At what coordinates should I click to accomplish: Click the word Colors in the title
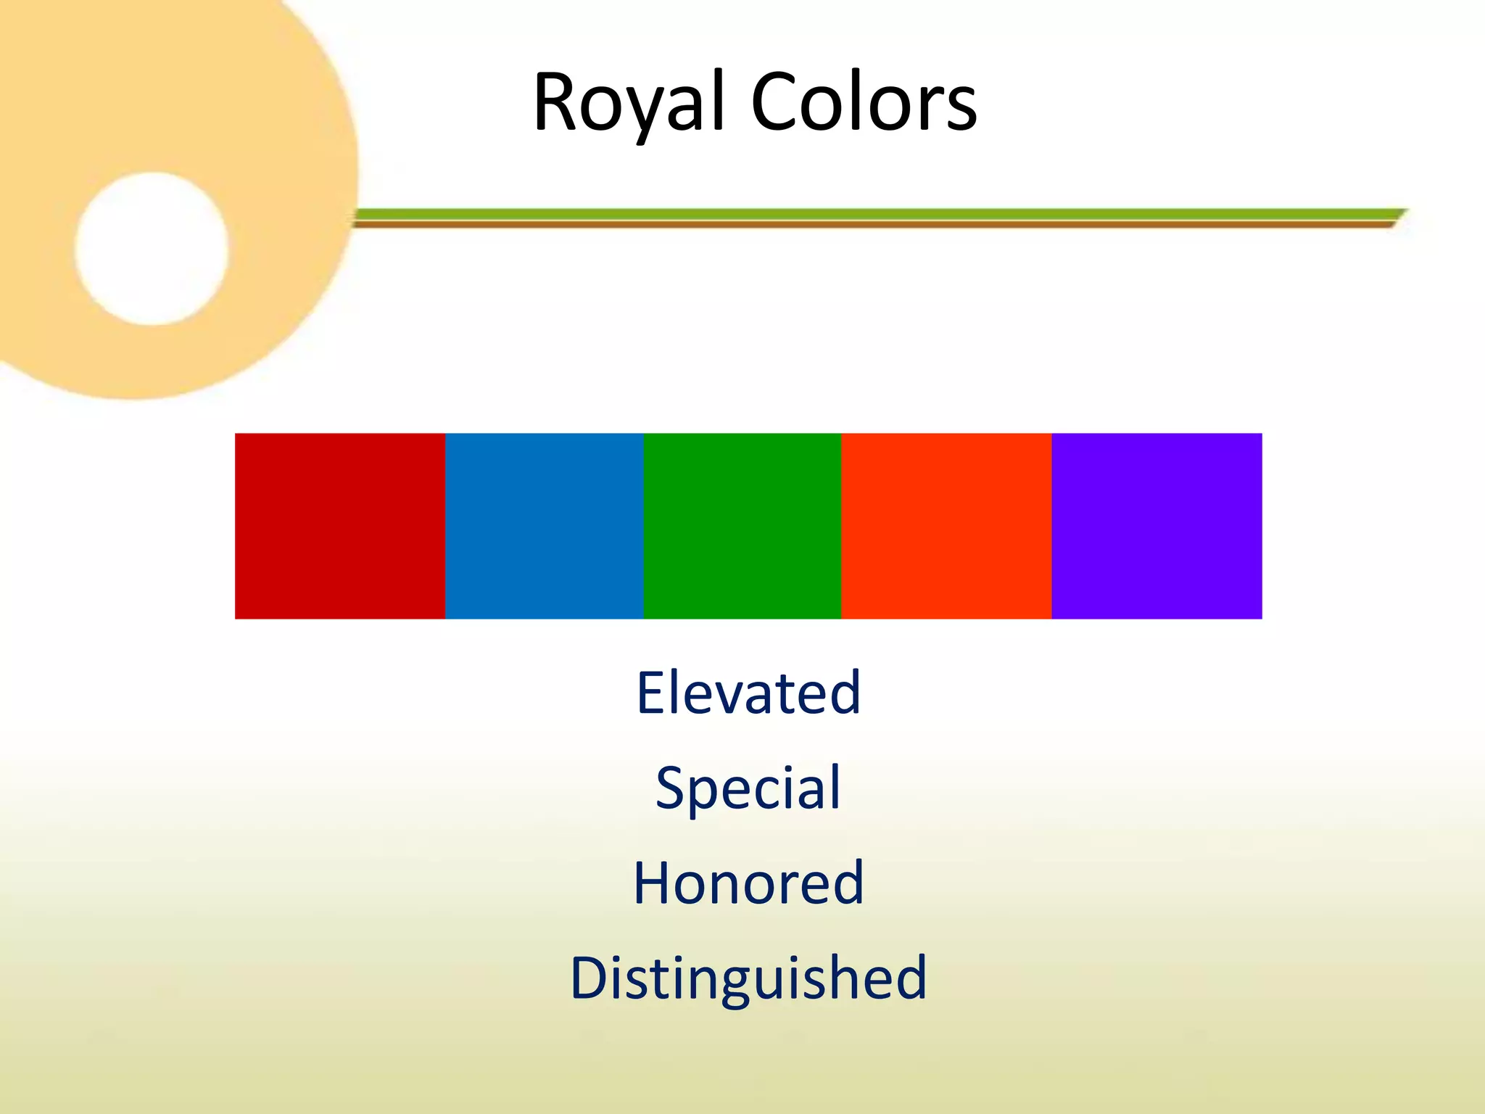point(864,103)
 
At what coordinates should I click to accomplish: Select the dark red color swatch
point(340,526)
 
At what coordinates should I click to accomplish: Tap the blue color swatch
point(545,526)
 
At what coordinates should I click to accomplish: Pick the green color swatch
point(742,526)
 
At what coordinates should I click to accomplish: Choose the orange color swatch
point(946,526)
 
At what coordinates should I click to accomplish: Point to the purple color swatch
point(1157,526)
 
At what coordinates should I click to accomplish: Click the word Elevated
point(748,693)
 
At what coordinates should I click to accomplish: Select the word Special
point(748,788)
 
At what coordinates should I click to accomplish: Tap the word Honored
point(748,883)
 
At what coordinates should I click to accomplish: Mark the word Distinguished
point(748,978)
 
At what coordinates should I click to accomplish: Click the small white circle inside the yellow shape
point(152,249)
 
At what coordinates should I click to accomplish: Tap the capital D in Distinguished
point(592,978)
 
